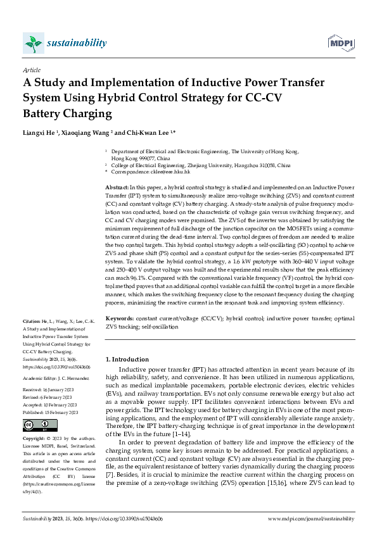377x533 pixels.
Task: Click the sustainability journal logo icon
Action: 32,43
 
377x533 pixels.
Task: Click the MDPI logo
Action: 341,43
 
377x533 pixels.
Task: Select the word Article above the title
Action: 31,70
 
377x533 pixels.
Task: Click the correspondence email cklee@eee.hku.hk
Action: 167,172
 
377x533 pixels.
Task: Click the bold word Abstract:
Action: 116,189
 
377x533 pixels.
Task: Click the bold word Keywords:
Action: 119,318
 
